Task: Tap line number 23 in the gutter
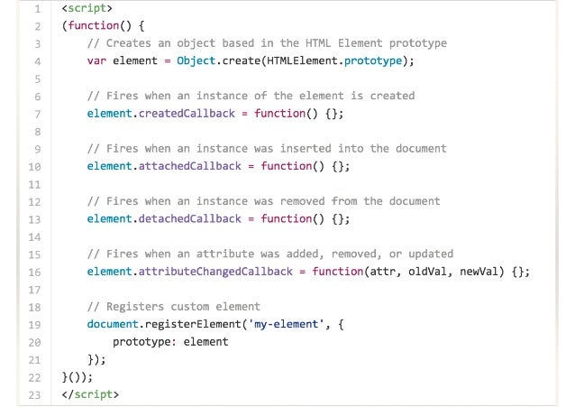coord(34,394)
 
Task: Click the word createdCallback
coord(192,114)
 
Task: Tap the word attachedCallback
coord(195,166)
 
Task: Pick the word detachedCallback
coord(195,218)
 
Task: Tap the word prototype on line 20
coord(144,342)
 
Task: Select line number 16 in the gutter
coord(34,272)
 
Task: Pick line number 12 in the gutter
coord(34,201)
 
